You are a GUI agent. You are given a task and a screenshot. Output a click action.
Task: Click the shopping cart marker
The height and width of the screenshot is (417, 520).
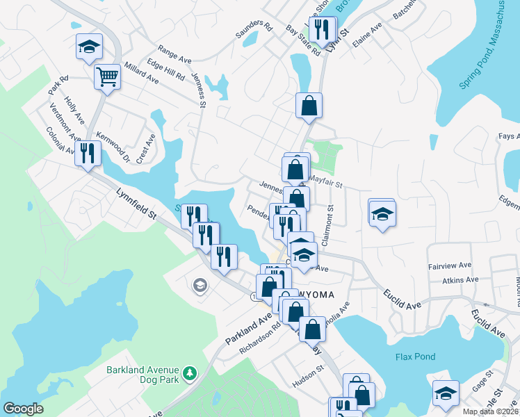(x=107, y=76)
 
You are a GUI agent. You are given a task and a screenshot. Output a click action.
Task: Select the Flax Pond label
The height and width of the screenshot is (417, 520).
(x=415, y=357)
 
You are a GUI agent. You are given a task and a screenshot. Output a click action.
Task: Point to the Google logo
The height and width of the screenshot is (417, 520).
(x=23, y=409)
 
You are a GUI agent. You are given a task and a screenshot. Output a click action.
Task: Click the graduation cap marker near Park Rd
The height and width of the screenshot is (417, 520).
(x=89, y=47)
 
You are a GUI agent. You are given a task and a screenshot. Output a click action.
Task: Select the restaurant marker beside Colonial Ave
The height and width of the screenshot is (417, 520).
(x=88, y=152)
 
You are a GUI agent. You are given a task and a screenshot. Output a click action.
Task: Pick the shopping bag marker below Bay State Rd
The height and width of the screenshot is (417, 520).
(x=309, y=106)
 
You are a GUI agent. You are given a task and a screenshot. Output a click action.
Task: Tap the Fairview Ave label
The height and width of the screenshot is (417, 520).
(x=450, y=265)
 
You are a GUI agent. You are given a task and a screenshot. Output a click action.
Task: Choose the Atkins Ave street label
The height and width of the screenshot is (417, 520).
(x=461, y=280)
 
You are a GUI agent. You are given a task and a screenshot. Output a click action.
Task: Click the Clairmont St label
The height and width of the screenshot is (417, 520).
(x=332, y=224)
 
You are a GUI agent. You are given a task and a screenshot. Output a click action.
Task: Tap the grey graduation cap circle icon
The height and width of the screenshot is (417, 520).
(x=200, y=286)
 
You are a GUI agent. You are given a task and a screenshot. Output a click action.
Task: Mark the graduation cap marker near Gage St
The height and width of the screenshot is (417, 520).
(x=446, y=393)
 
